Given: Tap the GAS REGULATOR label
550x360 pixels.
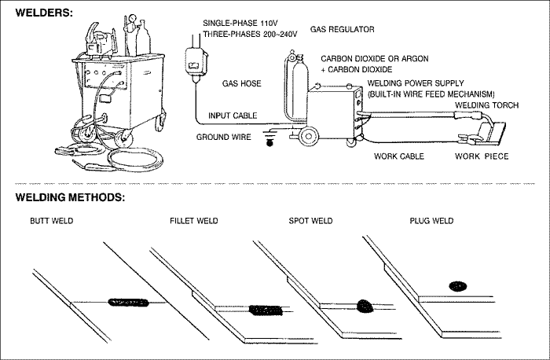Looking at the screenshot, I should click(342, 29).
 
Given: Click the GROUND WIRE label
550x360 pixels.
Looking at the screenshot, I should click(223, 137).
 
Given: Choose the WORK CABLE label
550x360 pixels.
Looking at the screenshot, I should click(398, 156).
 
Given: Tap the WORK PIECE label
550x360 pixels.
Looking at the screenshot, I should click(482, 156).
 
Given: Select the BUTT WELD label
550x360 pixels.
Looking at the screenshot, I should click(51, 221).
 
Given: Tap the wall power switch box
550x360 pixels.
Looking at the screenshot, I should click(193, 59).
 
